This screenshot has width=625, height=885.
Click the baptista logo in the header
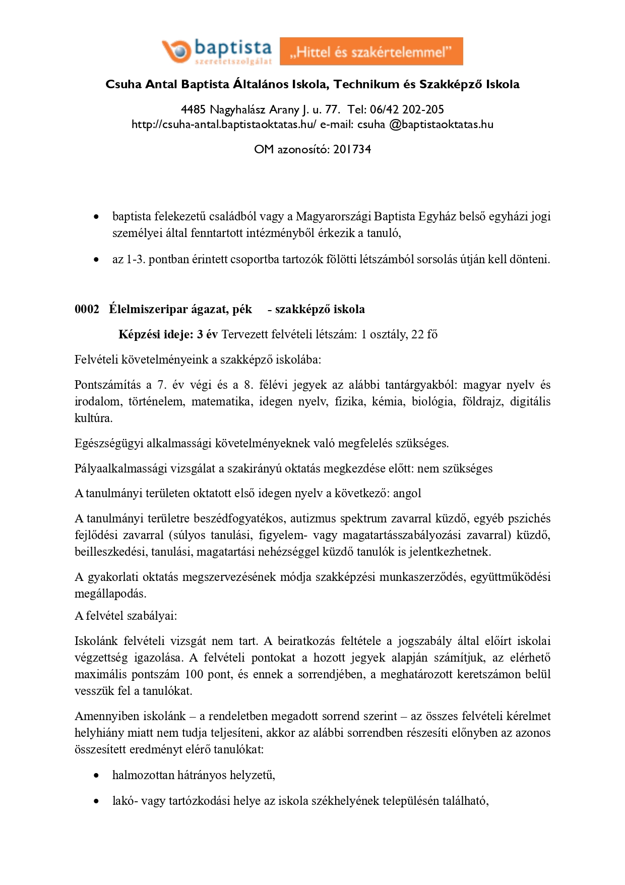tap(217, 51)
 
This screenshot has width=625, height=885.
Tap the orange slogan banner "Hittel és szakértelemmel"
tap(371, 51)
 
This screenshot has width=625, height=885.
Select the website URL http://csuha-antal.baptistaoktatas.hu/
tap(224, 125)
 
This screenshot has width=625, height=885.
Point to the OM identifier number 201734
tap(352, 149)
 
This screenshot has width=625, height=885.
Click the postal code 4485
tap(193, 109)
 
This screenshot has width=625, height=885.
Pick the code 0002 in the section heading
tap(87, 309)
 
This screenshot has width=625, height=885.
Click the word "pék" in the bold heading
tap(242, 309)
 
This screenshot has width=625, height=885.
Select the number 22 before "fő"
tap(417, 334)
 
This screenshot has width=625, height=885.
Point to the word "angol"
tap(407, 493)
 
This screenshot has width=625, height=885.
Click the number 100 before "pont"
tap(194, 674)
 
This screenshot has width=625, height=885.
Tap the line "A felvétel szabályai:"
tap(126, 616)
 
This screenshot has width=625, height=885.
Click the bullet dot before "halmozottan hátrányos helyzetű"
tap(96, 776)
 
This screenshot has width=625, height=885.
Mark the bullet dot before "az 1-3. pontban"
tap(96, 260)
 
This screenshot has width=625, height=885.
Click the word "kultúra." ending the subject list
tap(93, 418)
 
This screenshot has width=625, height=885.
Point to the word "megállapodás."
tap(110, 594)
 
